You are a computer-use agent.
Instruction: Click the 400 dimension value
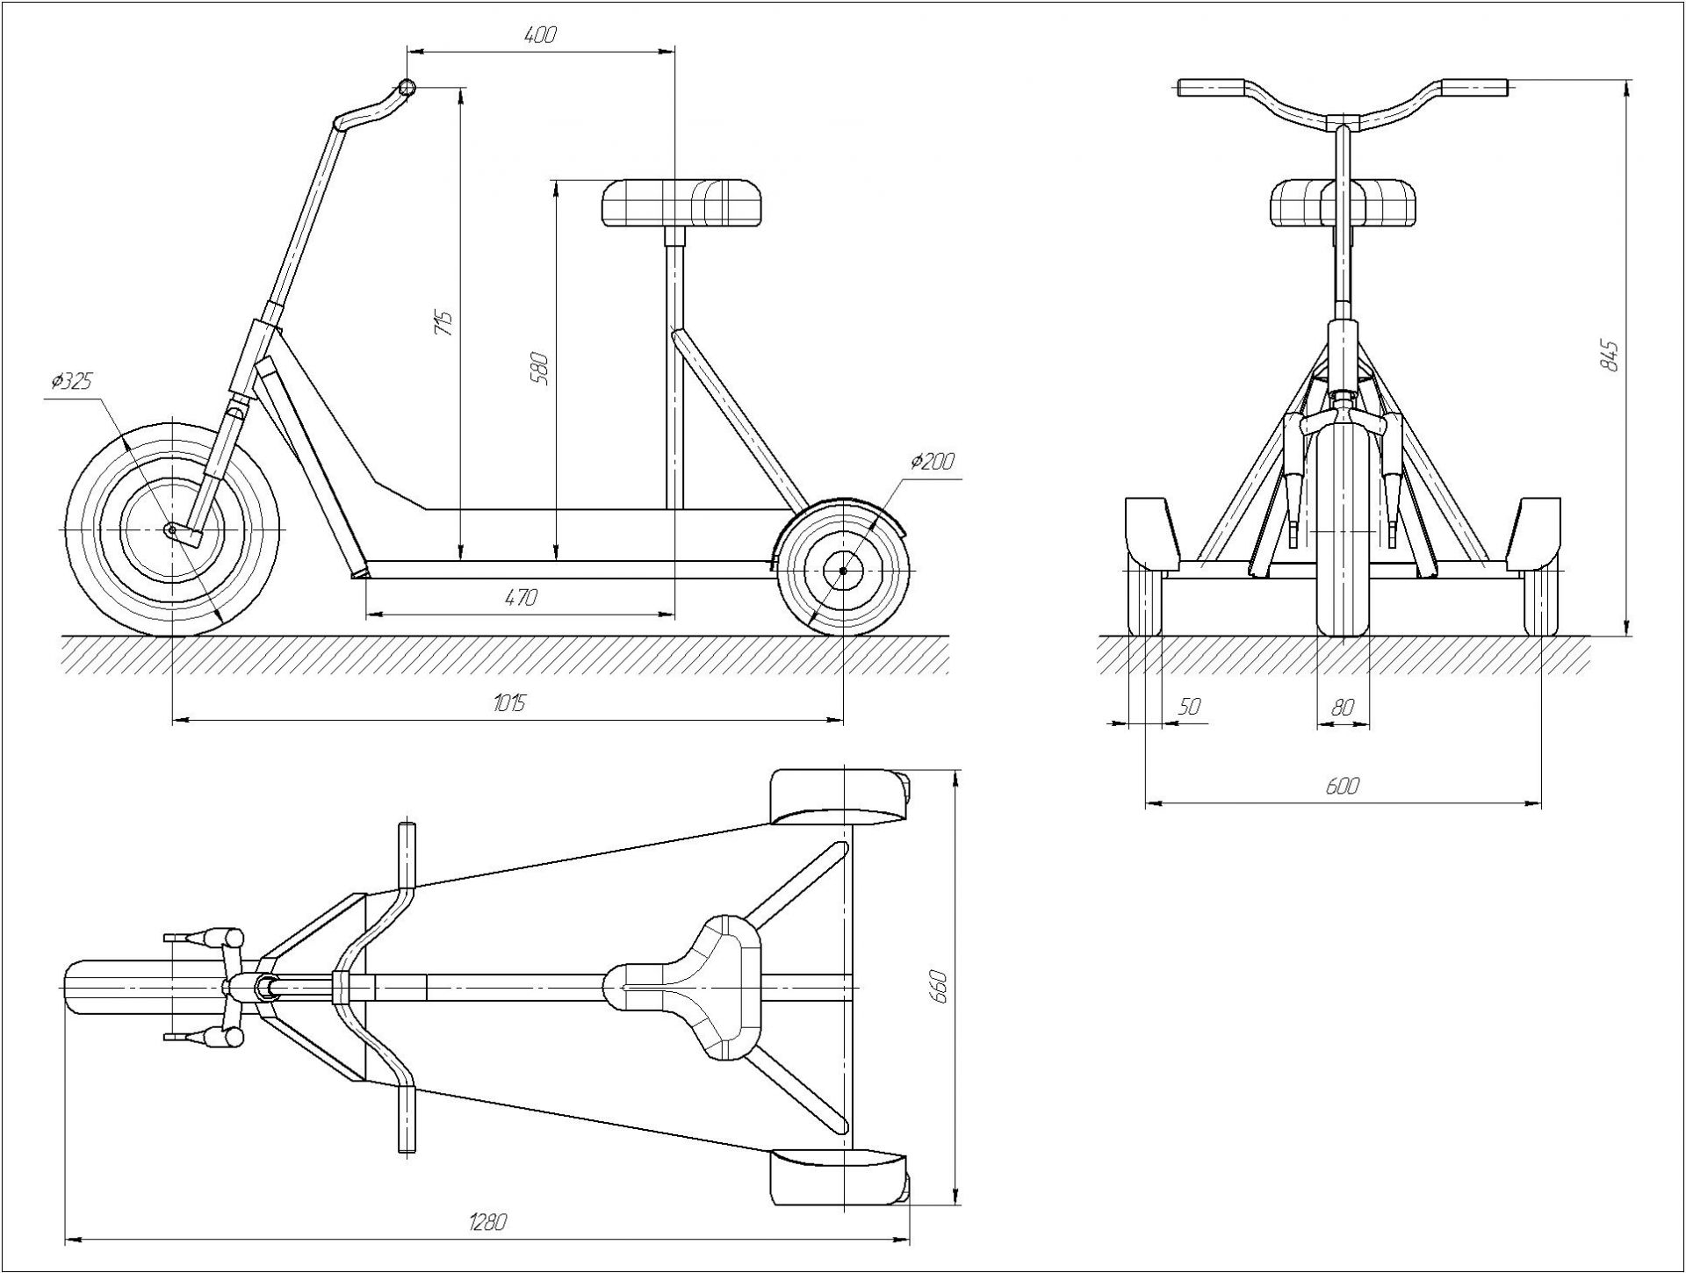click(x=540, y=36)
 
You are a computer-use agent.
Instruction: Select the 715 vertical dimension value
click(x=445, y=324)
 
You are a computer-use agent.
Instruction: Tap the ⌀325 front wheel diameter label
click(x=71, y=382)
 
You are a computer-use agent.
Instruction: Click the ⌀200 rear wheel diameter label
click(x=932, y=461)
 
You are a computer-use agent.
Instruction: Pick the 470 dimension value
click(x=520, y=598)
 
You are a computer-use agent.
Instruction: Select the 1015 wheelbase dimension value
click(x=508, y=702)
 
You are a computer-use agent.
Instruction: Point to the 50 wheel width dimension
click(x=1189, y=707)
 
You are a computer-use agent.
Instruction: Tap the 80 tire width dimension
click(x=1343, y=707)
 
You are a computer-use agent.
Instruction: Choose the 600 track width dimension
click(x=1343, y=786)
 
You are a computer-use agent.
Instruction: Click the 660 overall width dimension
click(x=939, y=987)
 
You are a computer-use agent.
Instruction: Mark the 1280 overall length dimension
click(x=488, y=1222)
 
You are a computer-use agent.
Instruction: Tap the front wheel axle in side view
click(x=171, y=529)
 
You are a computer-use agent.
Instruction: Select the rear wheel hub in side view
click(x=843, y=571)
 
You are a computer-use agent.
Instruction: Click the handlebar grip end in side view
click(x=406, y=87)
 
